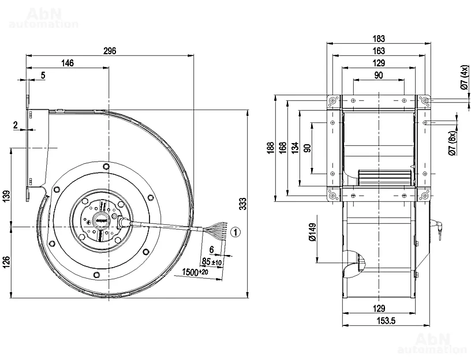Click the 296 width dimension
(110, 51)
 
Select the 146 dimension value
(68, 63)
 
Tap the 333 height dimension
(242, 203)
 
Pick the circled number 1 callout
(234, 232)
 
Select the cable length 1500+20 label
(195, 272)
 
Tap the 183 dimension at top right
(379, 39)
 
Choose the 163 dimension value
(379, 51)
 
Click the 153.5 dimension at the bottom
(379, 321)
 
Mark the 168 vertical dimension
(283, 149)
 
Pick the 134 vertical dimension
(295, 149)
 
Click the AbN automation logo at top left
(43, 18)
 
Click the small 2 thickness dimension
(16, 125)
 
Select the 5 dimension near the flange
(43, 75)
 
